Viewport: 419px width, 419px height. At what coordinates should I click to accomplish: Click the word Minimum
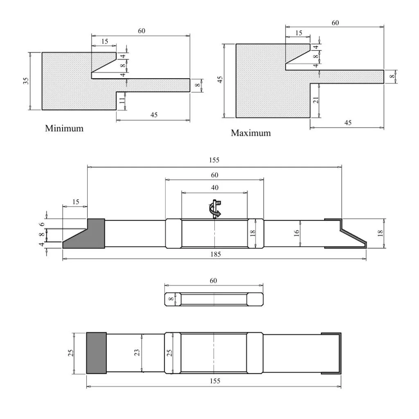pyautogui.click(x=64, y=128)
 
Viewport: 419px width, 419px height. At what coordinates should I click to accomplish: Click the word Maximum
pyautogui.click(x=251, y=133)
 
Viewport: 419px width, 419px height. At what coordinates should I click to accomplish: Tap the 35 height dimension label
pyautogui.click(x=26, y=81)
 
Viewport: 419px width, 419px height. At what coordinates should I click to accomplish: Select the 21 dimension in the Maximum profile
pyautogui.click(x=316, y=100)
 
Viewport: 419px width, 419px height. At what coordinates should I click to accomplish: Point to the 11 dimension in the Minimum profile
pyautogui.click(x=122, y=101)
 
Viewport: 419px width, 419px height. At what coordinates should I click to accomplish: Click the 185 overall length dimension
pyautogui.click(x=215, y=254)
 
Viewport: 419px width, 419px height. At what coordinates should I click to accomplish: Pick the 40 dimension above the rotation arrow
pyautogui.click(x=214, y=187)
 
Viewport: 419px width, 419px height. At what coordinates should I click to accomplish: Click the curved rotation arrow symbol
pyautogui.click(x=215, y=209)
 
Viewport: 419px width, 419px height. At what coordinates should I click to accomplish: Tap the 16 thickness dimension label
pyautogui.click(x=296, y=233)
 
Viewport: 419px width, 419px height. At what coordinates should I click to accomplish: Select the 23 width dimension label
pyautogui.click(x=137, y=353)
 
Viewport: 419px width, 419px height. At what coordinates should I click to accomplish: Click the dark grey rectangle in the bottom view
pyautogui.click(x=97, y=353)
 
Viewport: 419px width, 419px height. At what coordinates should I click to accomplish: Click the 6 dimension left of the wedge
pyautogui.click(x=42, y=224)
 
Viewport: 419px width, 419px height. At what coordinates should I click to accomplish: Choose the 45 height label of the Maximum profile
pyautogui.click(x=220, y=80)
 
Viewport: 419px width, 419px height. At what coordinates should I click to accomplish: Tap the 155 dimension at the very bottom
pyautogui.click(x=215, y=381)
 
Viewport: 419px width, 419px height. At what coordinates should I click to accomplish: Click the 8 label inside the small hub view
pyautogui.click(x=171, y=299)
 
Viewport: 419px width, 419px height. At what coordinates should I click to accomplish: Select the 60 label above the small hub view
pyautogui.click(x=213, y=281)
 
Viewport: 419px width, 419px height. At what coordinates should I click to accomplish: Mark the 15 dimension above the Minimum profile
pyautogui.click(x=104, y=41)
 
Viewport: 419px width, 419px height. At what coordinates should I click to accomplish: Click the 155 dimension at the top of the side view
pyautogui.click(x=214, y=160)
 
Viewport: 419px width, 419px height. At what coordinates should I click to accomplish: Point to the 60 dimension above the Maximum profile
pyautogui.click(x=335, y=23)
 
